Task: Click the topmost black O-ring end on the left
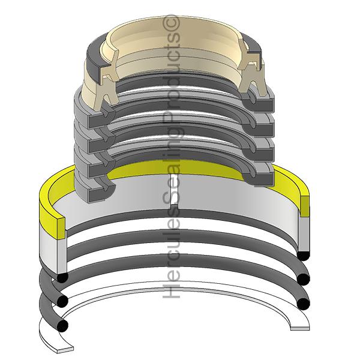(x=62, y=277)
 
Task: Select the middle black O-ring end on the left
(x=62, y=300)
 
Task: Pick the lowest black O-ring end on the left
(x=62, y=325)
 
